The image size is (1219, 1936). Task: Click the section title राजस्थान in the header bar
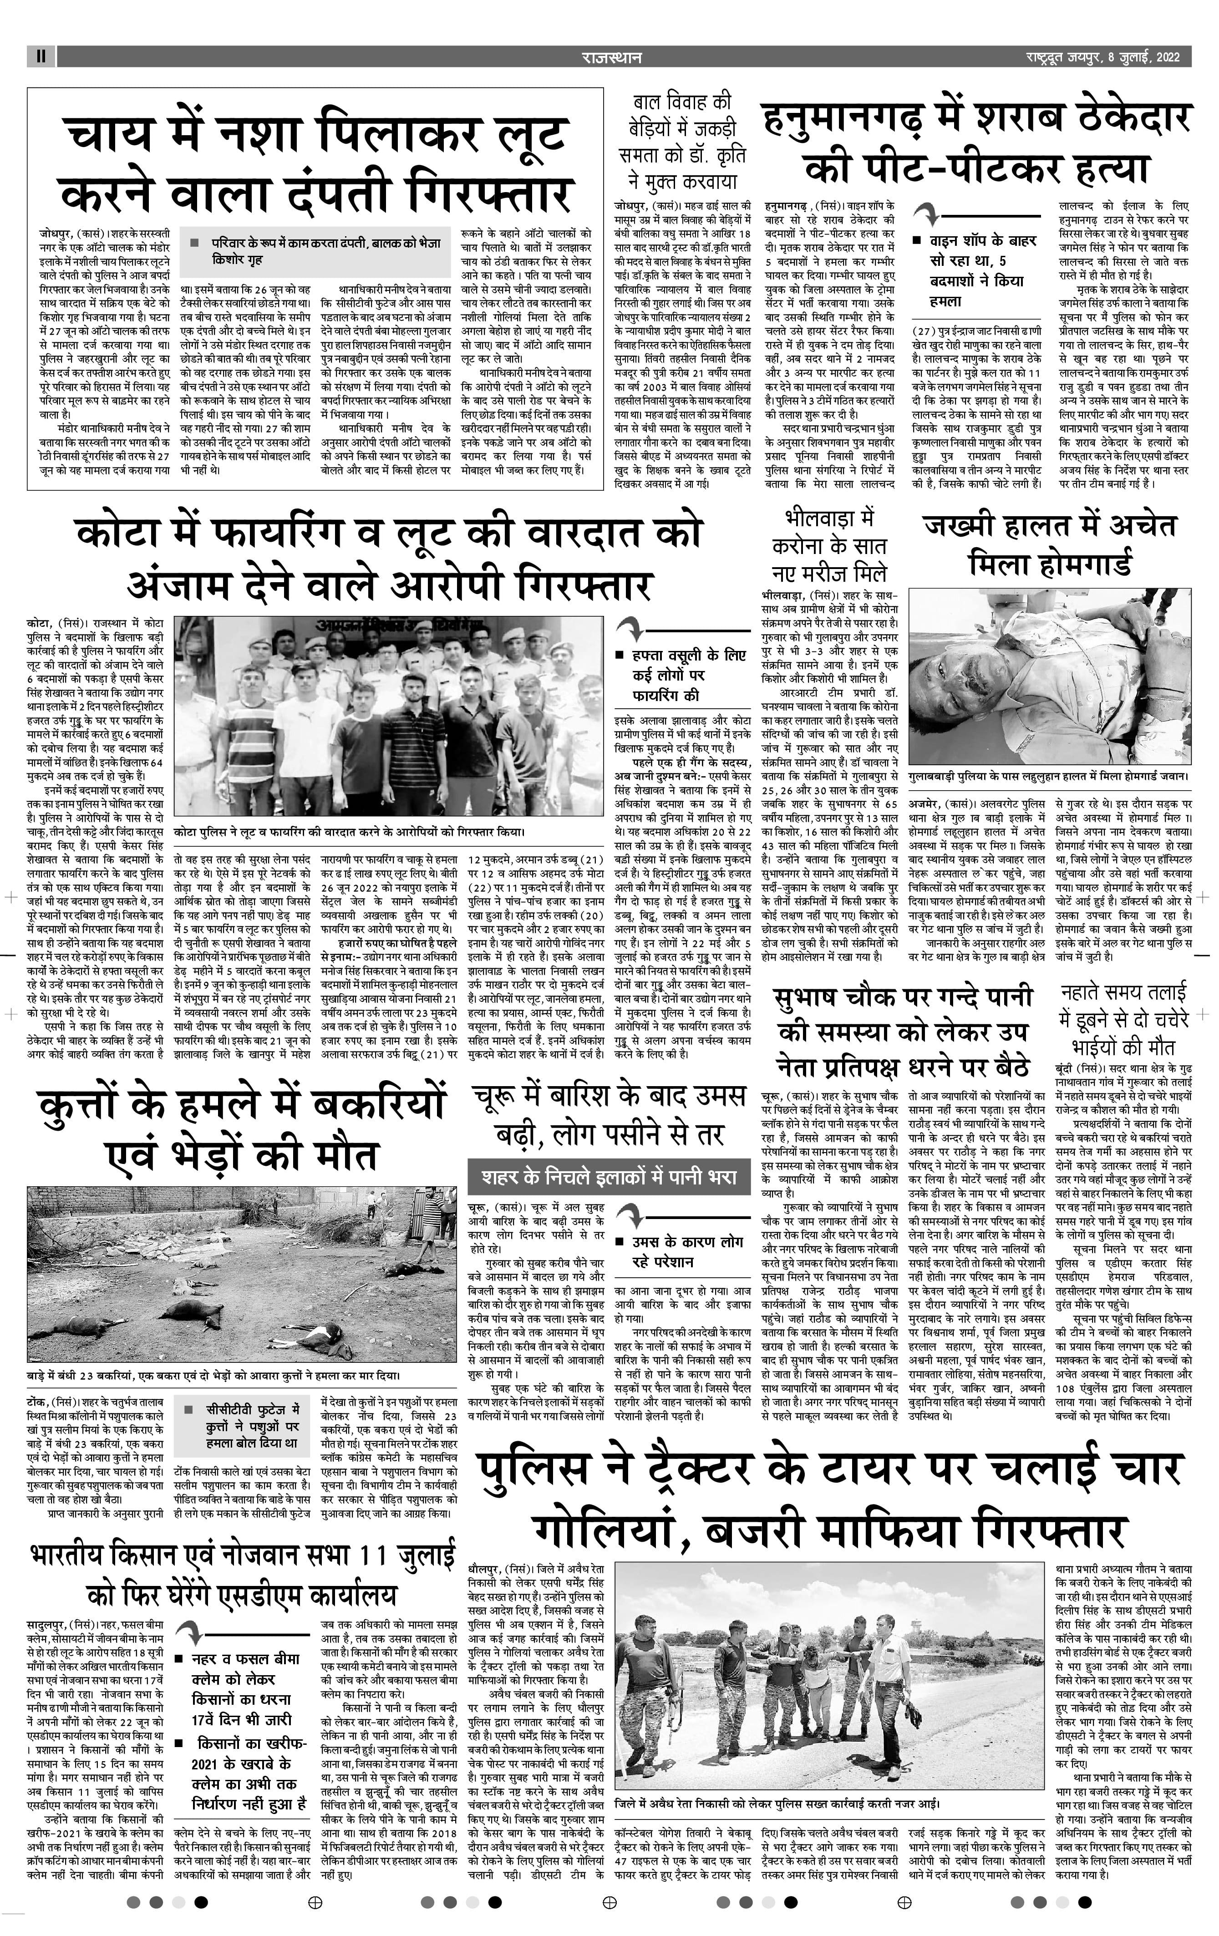[x=612, y=57]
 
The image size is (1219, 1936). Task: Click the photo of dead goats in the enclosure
[x=241, y=1274]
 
